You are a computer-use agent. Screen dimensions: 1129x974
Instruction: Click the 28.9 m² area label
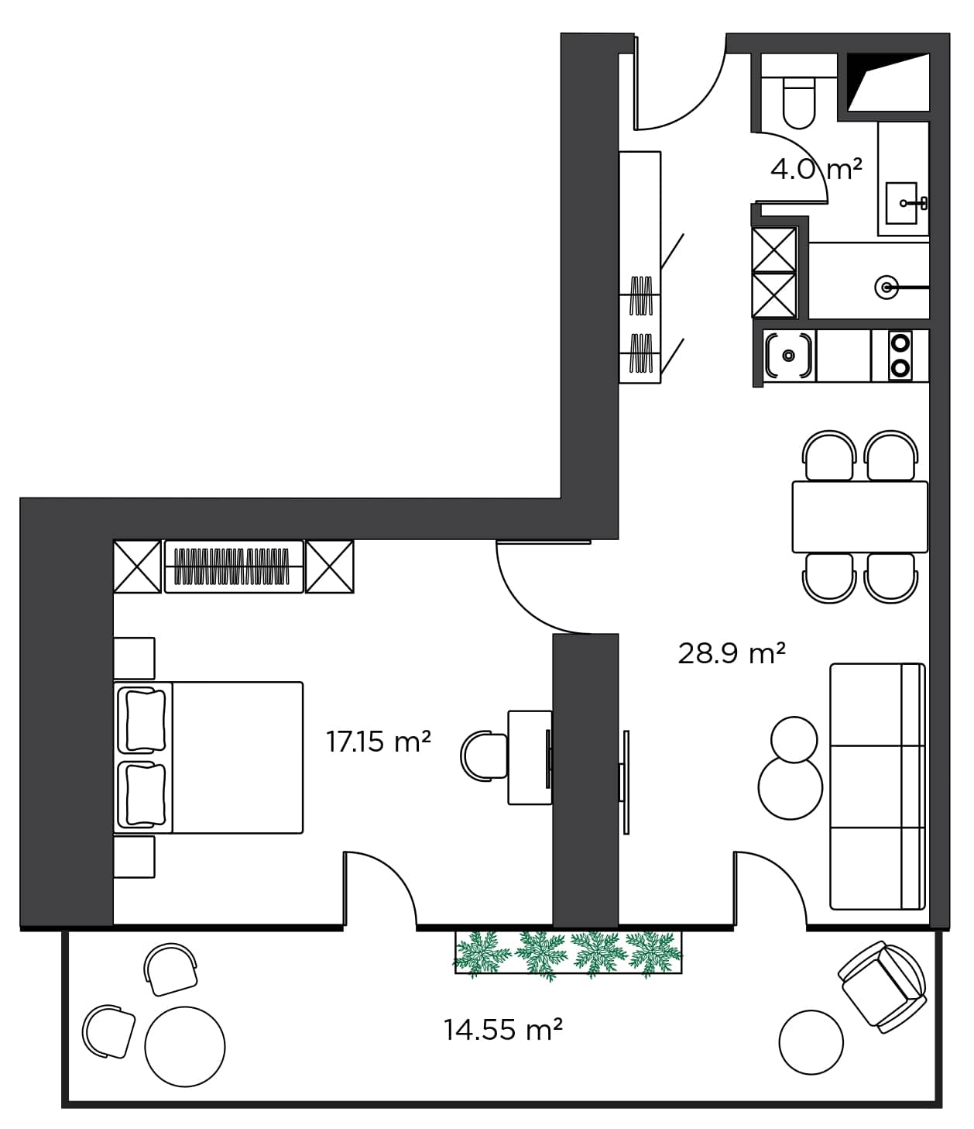pos(732,653)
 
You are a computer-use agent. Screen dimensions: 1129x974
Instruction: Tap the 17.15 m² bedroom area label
pos(378,742)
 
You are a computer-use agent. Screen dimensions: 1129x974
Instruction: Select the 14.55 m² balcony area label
pos(502,1029)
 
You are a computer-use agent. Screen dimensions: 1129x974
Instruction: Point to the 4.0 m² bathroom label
pos(816,168)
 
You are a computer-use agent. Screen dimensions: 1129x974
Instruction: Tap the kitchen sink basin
pos(789,356)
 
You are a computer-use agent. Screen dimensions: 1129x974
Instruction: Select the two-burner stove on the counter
pos(900,355)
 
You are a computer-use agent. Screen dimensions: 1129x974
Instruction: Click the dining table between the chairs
pos(859,517)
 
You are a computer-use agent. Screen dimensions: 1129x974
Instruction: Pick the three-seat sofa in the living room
pos(877,786)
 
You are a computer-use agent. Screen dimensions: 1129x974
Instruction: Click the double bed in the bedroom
pos(209,757)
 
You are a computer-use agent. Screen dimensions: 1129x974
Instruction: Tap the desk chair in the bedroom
pos(484,754)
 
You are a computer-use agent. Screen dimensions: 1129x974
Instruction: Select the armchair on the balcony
pos(883,986)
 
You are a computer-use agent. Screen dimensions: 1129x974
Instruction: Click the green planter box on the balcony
pos(568,952)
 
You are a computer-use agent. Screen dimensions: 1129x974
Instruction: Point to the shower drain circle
pos(887,287)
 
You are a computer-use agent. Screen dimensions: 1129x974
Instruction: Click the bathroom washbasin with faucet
pos(903,203)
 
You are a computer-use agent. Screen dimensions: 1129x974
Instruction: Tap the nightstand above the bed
pos(134,658)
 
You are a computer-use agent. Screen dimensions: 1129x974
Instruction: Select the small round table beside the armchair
pos(811,1042)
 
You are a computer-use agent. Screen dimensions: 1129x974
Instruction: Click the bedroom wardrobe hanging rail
pos(233,566)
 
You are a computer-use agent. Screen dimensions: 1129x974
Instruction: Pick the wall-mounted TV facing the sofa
pos(625,782)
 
